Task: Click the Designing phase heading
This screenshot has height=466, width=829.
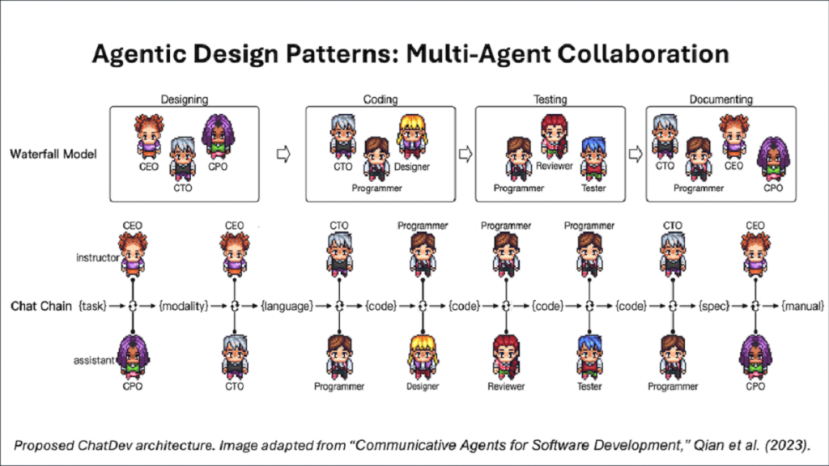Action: coord(184,100)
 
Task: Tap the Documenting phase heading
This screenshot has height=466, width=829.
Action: coord(721,100)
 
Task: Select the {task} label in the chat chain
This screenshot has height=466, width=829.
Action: coord(92,306)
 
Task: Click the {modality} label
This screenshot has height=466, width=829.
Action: coord(184,306)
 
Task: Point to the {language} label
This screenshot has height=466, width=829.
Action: coord(287,306)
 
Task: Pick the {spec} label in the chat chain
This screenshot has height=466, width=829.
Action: coord(714,306)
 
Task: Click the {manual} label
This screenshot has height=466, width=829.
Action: coord(802,306)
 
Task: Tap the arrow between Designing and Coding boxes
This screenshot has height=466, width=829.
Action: coord(283,155)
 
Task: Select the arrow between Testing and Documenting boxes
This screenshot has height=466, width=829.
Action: coord(636,155)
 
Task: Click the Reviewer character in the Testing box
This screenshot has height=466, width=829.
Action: coord(554,137)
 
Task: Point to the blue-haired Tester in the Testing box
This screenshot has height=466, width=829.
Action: coord(593,159)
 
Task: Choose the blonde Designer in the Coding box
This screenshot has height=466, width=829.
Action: coord(412,137)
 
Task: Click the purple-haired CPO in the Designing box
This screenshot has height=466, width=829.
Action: coord(218,137)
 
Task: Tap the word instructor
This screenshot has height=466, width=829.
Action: coord(98,258)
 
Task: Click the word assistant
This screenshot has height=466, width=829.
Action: coord(94,360)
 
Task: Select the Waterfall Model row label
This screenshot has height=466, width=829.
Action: coord(53,155)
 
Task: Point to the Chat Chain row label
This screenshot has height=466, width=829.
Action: coord(41,307)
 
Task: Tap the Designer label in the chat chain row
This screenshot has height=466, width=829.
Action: coord(423,386)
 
